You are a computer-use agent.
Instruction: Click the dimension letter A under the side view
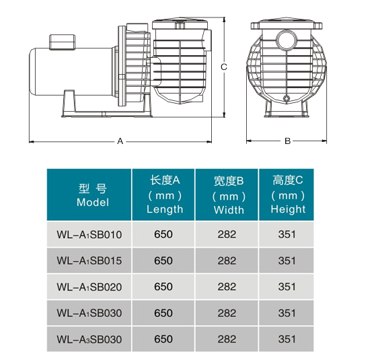tap(120, 141)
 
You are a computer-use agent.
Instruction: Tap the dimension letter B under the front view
tap(287, 141)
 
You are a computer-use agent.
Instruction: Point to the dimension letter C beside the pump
tap(224, 67)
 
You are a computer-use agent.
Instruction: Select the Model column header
tap(93, 195)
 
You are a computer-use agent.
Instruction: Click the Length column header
tap(165, 195)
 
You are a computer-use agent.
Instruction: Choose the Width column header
tap(229, 195)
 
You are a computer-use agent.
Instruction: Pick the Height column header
tap(288, 195)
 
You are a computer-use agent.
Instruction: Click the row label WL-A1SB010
tap(89, 235)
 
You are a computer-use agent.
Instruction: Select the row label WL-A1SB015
tap(89, 260)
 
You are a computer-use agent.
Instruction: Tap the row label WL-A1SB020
tap(89, 287)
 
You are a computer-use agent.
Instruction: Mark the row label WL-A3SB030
tap(89, 339)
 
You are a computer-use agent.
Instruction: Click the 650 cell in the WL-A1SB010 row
tap(163, 234)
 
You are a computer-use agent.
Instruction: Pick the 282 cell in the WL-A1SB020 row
tap(227, 287)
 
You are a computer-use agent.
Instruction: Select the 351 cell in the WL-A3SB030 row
tap(287, 339)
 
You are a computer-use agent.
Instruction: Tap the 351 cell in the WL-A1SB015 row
tap(287, 260)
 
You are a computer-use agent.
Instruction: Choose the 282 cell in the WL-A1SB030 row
tap(227, 313)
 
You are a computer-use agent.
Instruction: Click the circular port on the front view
tap(287, 40)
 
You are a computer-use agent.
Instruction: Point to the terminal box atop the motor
tap(62, 42)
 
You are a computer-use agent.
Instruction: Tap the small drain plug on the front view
tap(287, 98)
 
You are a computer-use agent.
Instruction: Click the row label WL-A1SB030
tap(89, 313)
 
